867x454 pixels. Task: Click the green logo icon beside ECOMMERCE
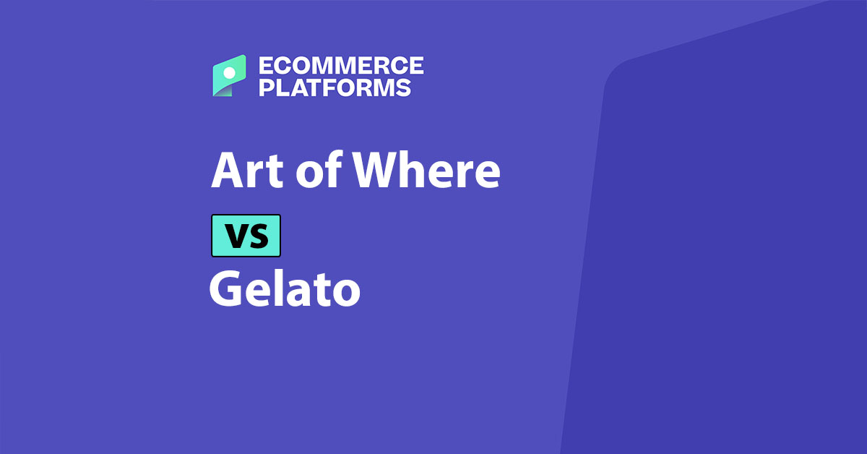click(x=228, y=76)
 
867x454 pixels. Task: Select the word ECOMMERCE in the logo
click(x=340, y=66)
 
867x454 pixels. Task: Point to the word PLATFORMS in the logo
click(x=335, y=88)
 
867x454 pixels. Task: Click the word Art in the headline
click(x=243, y=172)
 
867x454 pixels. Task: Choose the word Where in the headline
click(x=427, y=172)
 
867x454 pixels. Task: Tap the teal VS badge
click(x=246, y=236)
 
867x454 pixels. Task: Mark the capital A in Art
click(x=227, y=172)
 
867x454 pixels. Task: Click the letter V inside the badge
click(x=236, y=236)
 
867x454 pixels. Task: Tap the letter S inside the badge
click(x=258, y=236)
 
